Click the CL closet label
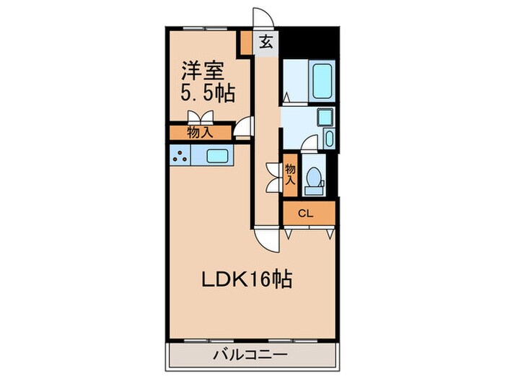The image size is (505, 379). [305, 214]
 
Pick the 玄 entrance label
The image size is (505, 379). [265, 42]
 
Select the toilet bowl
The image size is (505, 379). [315, 178]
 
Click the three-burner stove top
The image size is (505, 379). [180, 155]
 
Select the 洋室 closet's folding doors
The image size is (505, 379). [199, 118]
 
